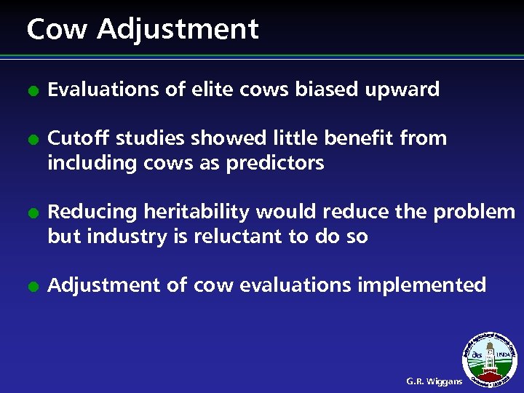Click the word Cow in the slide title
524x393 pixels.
pyautogui.click(x=57, y=29)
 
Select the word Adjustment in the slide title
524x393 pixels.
pyautogui.click(x=178, y=31)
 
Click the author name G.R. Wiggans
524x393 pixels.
pyautogui.click(x=434, y=381)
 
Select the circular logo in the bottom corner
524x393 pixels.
pyautogui.click(x=490, y=359)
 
